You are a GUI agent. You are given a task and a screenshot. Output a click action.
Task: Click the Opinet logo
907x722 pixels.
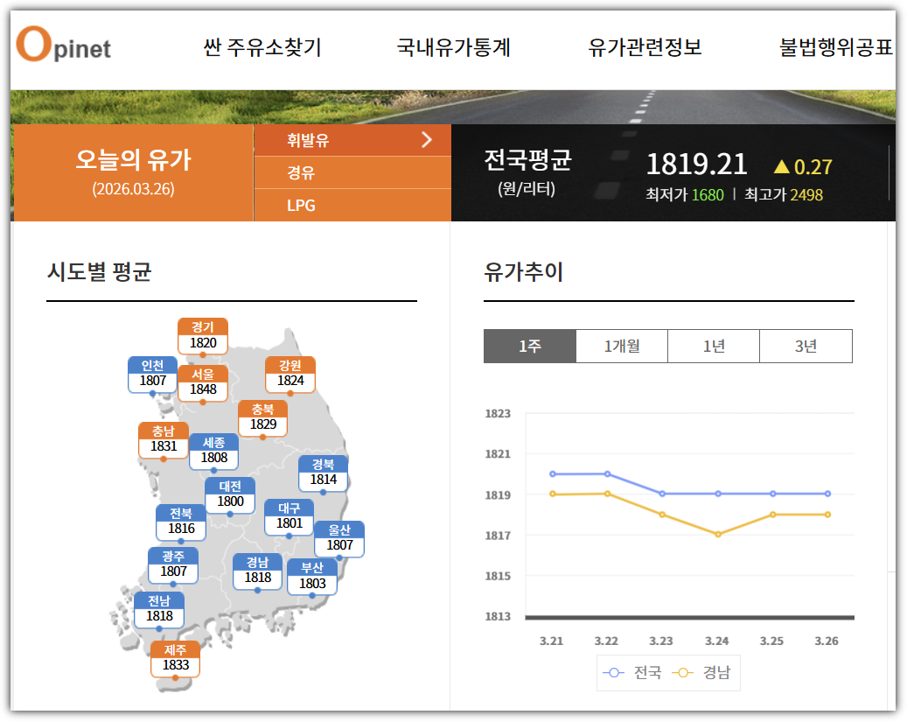pyautogui.click(x=63, y=46)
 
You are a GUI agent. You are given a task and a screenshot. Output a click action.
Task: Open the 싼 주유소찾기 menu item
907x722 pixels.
pyautogui.click(x=262, y=47)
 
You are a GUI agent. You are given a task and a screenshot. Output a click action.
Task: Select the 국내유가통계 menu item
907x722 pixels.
pyautogui.click(x=453, y=47)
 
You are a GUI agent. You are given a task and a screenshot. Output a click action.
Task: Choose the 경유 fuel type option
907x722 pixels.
pyautogui.click(x=301, y=173)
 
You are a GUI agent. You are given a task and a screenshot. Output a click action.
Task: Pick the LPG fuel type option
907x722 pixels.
pyautogui.click(x=301, y=206)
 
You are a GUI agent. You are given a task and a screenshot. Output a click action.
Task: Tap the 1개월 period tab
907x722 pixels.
pyautogui.click(x=622, y=347)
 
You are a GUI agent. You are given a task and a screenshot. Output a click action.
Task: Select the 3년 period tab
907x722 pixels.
pyautogui.click(x=806, y=347)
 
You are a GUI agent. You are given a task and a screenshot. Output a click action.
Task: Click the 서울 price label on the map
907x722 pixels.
pyautogui.click(x=203, y=382)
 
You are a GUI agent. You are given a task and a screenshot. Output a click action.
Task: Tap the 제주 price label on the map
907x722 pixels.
pyautogui.click(x=176, y=657)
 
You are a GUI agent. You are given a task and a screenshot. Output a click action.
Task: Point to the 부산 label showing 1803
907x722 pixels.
pyautogui.click(x=312, y=576)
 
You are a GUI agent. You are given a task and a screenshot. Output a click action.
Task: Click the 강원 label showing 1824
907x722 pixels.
pyautogui.click(x=290, y=374)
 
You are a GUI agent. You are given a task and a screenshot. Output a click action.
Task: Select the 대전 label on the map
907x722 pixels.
pyautogui.click(x=230, y=494)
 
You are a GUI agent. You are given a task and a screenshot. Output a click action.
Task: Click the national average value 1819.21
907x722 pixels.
pyautogui.click(x=696, y=165)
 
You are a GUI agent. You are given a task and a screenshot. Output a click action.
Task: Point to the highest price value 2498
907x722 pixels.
pyautogui.click(x=806, y=195)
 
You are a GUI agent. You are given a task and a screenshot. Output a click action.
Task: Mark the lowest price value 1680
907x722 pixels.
pyautogui.click(x=708, y=195)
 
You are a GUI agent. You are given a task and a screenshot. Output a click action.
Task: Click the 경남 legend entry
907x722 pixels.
pyautogui.click(x=705, y=673)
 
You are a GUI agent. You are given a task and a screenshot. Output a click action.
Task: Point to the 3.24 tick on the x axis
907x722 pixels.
pyautogui.click(x=717, y=641)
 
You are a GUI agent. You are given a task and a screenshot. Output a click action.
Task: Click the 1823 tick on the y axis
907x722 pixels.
pyautogui.click(x=498, y=413)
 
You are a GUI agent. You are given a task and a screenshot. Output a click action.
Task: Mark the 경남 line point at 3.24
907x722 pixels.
pyautogui.click(x=718, y=534)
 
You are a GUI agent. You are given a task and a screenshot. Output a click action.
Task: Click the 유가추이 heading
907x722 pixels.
pyautogui.click(x=523, y=272)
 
